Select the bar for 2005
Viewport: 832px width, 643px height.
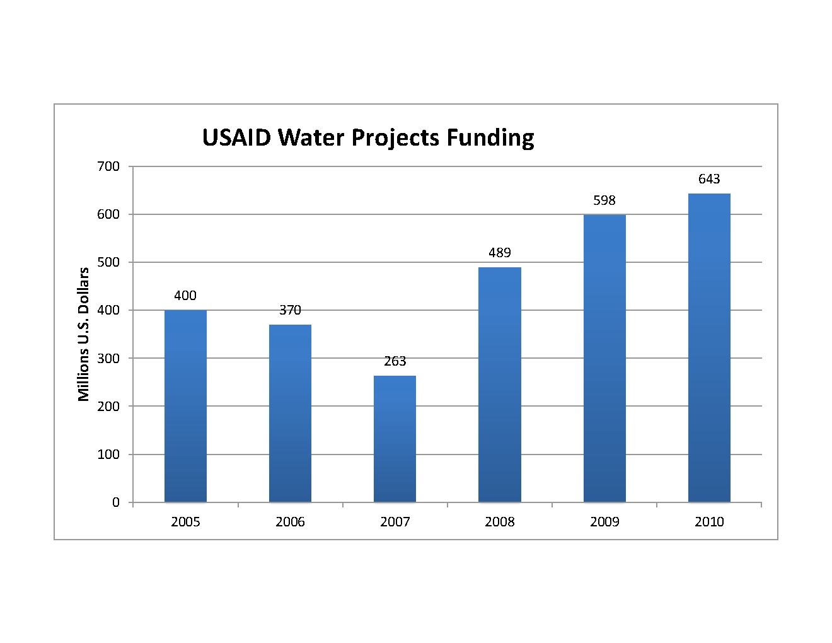[x=185, y=406]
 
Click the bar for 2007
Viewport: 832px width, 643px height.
[x=395, y=439]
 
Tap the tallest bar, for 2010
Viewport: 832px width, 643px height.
[x=709, y=347]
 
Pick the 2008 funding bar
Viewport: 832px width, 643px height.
[x=499, y=385]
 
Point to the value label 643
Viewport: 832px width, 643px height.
[x=709, y=179]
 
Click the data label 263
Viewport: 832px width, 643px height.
[x=395, y=361]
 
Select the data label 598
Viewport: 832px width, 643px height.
[x=604, y=200]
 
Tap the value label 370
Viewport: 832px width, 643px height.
[x=290, y=310]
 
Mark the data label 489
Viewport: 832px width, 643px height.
[x=499, y=253]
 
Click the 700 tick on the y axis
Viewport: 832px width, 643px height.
[x=108, y=166]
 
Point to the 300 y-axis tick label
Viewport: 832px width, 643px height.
[x=108, y=358]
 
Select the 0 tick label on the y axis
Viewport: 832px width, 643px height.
[x=115, y=502]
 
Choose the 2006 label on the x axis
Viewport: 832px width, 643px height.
[x=290, y=522]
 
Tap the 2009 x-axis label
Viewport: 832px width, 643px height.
[x=604, y=522]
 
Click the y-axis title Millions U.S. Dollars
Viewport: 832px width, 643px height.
[x=83, y=334]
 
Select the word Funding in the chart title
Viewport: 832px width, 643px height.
[x=490, y=137]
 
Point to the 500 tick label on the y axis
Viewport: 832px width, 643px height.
[x=108, y=262]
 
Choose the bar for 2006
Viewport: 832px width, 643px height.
[x=290, y=413]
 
